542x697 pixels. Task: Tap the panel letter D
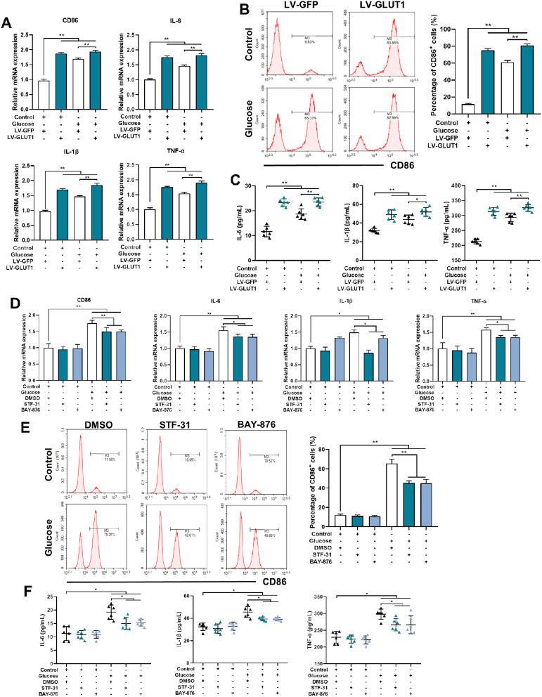[x=8, y=284]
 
